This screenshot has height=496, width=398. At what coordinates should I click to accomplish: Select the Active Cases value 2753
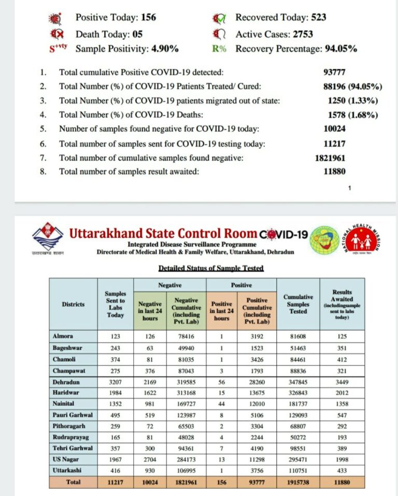coord(311,34)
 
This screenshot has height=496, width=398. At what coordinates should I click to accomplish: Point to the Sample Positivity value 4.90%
coord(163,49)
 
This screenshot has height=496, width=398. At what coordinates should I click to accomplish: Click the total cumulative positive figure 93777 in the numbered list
coord(334,73)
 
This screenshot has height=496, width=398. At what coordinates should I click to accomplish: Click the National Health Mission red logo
coord(363,240)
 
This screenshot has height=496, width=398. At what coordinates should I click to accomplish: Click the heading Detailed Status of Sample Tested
coord(211,268)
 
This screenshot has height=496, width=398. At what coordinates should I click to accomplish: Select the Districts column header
coord(73,304)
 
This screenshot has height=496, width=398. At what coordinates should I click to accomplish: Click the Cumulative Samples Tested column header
coord(298,304)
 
